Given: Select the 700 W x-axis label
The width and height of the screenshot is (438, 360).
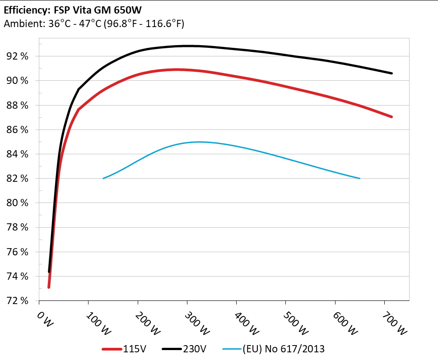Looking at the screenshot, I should [x=393, y=323].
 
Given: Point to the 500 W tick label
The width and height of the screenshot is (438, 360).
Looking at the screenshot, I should [x=295, y=323].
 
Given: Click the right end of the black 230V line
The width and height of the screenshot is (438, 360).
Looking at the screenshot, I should [x=391, y=73].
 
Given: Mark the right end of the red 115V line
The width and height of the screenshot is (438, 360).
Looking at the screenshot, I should [x=391, y=117].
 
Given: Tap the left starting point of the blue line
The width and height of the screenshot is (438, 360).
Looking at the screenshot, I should [x=103, y=179].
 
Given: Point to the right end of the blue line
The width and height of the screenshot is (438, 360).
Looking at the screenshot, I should [x=360, y=179].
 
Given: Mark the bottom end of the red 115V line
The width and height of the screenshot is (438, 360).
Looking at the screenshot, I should [x=49, y=287].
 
